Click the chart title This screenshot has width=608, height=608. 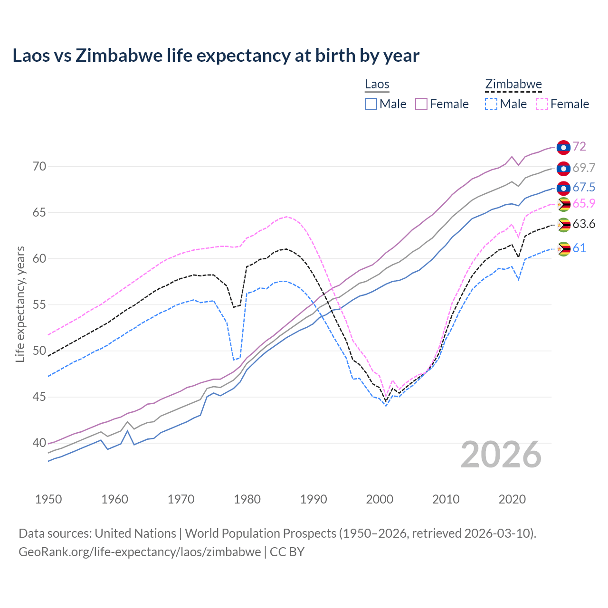[216, 56]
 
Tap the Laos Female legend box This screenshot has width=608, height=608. [421, 104]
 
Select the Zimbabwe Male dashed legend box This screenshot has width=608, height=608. [491, 104]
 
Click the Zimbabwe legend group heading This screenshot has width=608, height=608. [513, 85]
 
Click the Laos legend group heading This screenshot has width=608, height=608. [377, 85]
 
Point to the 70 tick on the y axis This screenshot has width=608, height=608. [39, 166]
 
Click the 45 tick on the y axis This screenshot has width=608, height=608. [39, 397]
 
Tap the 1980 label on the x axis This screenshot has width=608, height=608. [247, 499]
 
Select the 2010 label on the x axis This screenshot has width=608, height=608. [446, 499]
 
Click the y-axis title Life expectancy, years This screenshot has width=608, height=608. [20, 304]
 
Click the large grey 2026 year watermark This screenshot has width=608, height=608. [501, 455]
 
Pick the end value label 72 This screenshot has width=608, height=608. [579, 146]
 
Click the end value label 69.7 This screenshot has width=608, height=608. [584, 168]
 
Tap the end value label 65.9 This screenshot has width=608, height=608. [584, 203]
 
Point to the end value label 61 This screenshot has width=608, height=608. [579, 248]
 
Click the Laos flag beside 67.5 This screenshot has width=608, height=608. [563, 188]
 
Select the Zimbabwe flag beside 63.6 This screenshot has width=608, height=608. [564, 225]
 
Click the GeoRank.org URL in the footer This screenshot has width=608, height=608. [140, 552]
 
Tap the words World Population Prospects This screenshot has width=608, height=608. [260, 533]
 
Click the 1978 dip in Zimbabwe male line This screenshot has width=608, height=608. [234, 360]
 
